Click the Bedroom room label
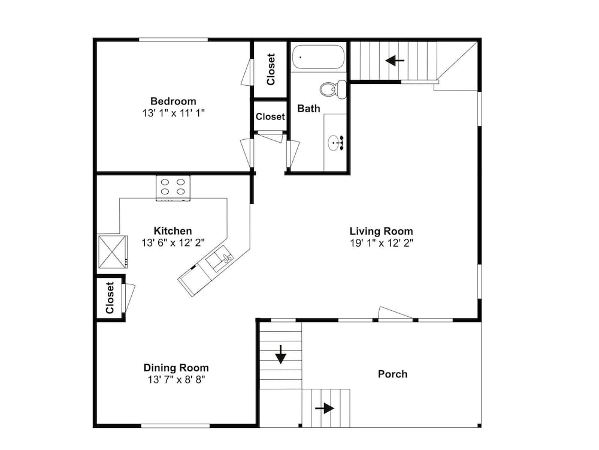click(x=173, y=101)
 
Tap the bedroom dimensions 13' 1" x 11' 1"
click(x=174, y=113)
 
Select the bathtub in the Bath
click(x=318, y=57)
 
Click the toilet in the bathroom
click(x=333, y=89)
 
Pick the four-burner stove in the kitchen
click(x=173, y=187)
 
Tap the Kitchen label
click(x=173, y=231)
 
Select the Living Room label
click(x=381, y=231)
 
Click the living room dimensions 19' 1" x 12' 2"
click(x=381, y=243)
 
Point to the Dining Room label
click(x=176, y=368)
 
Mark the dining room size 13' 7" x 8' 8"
click(x=177, y=380)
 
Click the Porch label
click(x=393, y=374)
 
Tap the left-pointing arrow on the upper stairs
click(x=395, y=61)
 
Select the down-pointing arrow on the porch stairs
click(x=281, y=354)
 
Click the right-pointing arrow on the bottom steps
click(x=324, y=408)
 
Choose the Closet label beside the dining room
click(x=110, y=298)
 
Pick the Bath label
click(x=308, y=109)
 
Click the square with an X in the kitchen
click(x=113, y=251)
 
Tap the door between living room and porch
click(x=395, y=313)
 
